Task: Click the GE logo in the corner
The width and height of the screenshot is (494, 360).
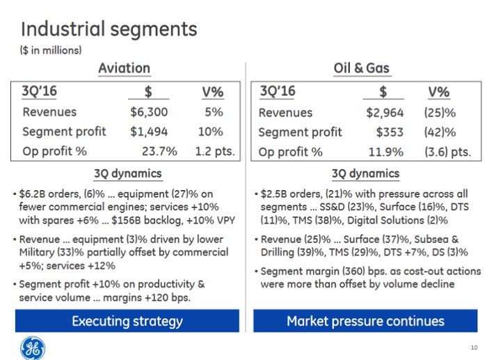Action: coord(31,345)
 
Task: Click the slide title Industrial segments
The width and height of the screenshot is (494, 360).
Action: coord(109,29)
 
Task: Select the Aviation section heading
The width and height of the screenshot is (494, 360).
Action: coord(124,68)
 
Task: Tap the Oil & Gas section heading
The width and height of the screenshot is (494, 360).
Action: coord(361,68)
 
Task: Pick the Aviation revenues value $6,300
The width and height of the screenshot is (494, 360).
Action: coord(148,112)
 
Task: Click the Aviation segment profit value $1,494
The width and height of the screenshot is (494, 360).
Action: coord(148,132)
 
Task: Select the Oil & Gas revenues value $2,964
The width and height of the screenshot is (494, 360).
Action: coord(385,112)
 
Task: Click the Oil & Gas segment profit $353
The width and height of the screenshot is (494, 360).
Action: coord(390,132)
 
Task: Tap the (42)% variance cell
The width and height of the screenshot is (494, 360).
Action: coord(440,132)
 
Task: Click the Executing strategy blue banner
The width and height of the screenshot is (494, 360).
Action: coord(127,321)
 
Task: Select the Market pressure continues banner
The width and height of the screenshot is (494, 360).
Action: coord(365,321)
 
